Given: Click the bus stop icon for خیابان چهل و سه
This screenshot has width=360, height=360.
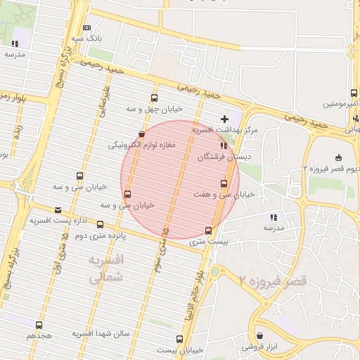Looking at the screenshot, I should tap(154, 98).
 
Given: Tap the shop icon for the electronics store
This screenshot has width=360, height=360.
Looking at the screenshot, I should tap(142, 134).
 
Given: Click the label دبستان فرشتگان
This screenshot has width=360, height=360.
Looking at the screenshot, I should tap(223, 158).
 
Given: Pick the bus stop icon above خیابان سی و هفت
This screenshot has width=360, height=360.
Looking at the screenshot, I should tap(224, 184).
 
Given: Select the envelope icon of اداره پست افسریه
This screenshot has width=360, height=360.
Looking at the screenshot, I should tap(58, 210).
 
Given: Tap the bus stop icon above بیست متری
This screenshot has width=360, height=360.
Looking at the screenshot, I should tap(208, 231).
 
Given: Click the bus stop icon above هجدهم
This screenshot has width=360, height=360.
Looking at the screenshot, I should tap(39, 325).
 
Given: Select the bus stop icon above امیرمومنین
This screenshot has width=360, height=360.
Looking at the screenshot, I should tap(354, 93).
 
